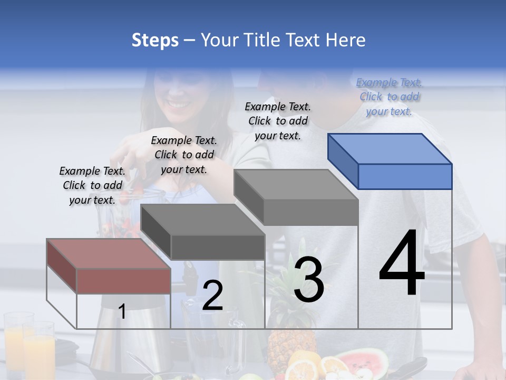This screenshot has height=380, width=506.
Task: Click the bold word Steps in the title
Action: coord(155,40)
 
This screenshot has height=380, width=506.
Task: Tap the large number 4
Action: coord(402,264)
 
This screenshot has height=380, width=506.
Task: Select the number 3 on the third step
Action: coord(309,280)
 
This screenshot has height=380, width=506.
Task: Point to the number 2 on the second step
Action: coord(212,296)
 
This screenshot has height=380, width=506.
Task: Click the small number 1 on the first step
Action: coord(122,311)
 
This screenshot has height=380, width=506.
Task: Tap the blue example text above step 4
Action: coord(389,97)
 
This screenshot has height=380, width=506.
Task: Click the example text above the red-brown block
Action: coord(92,185)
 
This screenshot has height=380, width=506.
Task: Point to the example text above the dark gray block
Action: coord(184,155)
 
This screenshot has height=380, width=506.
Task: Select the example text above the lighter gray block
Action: coord(278,121)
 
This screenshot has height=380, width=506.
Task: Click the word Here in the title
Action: coord(346,40)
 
